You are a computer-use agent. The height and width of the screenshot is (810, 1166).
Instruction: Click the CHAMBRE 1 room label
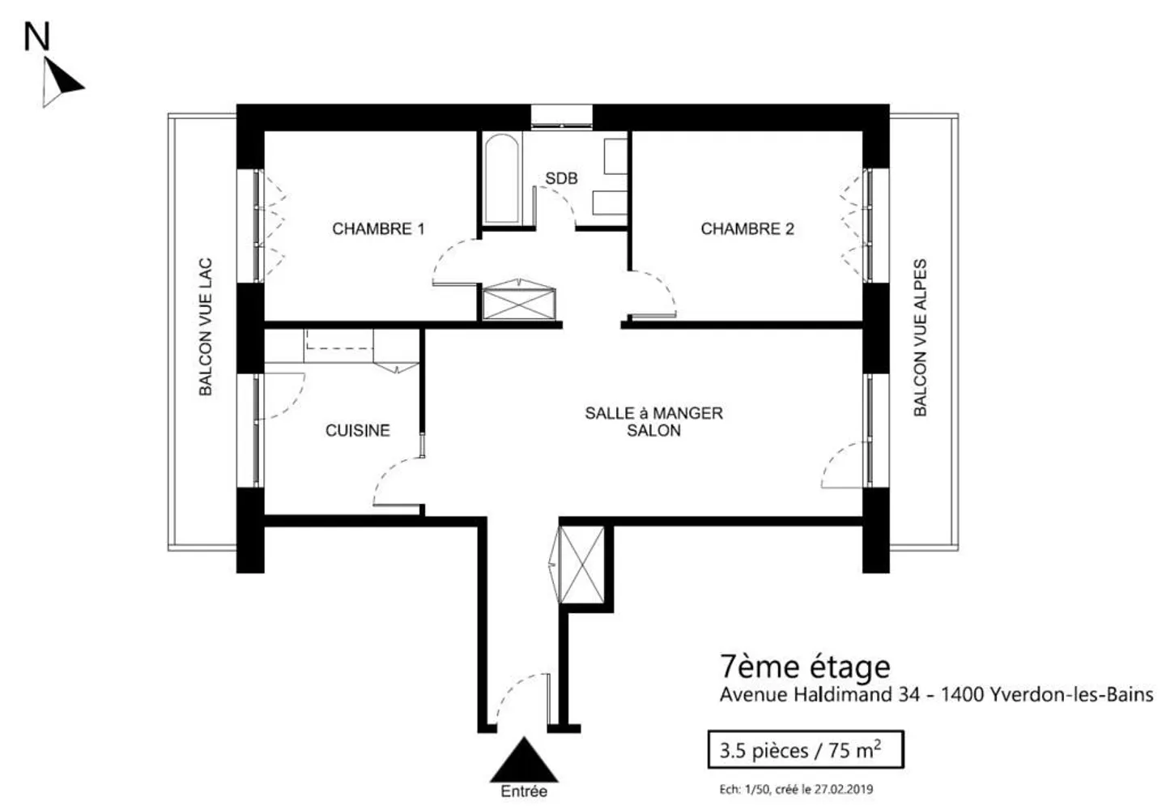click(x=378, y=229)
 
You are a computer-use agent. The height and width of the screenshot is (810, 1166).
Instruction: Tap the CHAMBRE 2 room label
click(x=747, y=229)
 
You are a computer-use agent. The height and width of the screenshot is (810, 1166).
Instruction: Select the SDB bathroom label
click(x=561, y=178)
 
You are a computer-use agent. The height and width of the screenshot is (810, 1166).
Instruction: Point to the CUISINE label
click(x=357, y=431)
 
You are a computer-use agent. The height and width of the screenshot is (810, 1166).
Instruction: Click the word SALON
click(x=653, y=431)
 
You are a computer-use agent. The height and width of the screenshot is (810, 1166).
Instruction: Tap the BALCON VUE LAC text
click(x=206, y=327)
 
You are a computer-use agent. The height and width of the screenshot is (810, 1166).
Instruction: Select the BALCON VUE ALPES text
click(x=920, y=338)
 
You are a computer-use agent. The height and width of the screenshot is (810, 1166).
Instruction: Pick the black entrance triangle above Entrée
click(x=524, y=761)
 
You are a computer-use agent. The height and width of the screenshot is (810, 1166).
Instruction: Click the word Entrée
click(x=524, y=791)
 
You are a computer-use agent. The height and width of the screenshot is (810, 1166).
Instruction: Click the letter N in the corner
click(x=36, y=36)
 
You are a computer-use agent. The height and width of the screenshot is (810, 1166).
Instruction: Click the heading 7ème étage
click(x=805, y=667)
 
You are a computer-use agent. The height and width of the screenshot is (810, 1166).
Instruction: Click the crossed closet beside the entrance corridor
click(x=583, y=564)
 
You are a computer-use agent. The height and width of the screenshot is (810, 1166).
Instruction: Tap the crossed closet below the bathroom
click(x=518, y=302)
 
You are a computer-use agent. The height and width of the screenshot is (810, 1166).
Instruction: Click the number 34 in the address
click(x=909, y=695)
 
